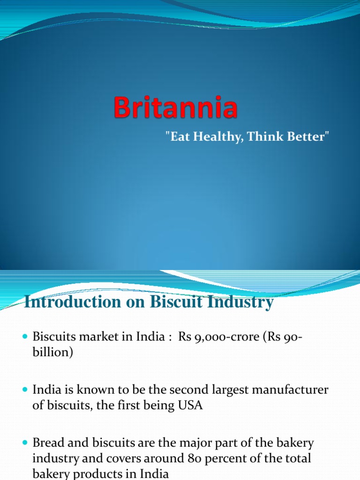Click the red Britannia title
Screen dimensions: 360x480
pos(175,107)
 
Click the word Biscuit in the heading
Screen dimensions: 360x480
pos(176,301)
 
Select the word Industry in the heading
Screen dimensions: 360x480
pos(240,302)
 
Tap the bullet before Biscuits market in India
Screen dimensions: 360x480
pos(25,337)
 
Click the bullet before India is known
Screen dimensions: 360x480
pos(25,390)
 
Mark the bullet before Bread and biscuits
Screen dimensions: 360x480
pos(25,442)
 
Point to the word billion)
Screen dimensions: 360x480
pos(52,352)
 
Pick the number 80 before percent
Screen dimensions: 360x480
pos(195,458)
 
